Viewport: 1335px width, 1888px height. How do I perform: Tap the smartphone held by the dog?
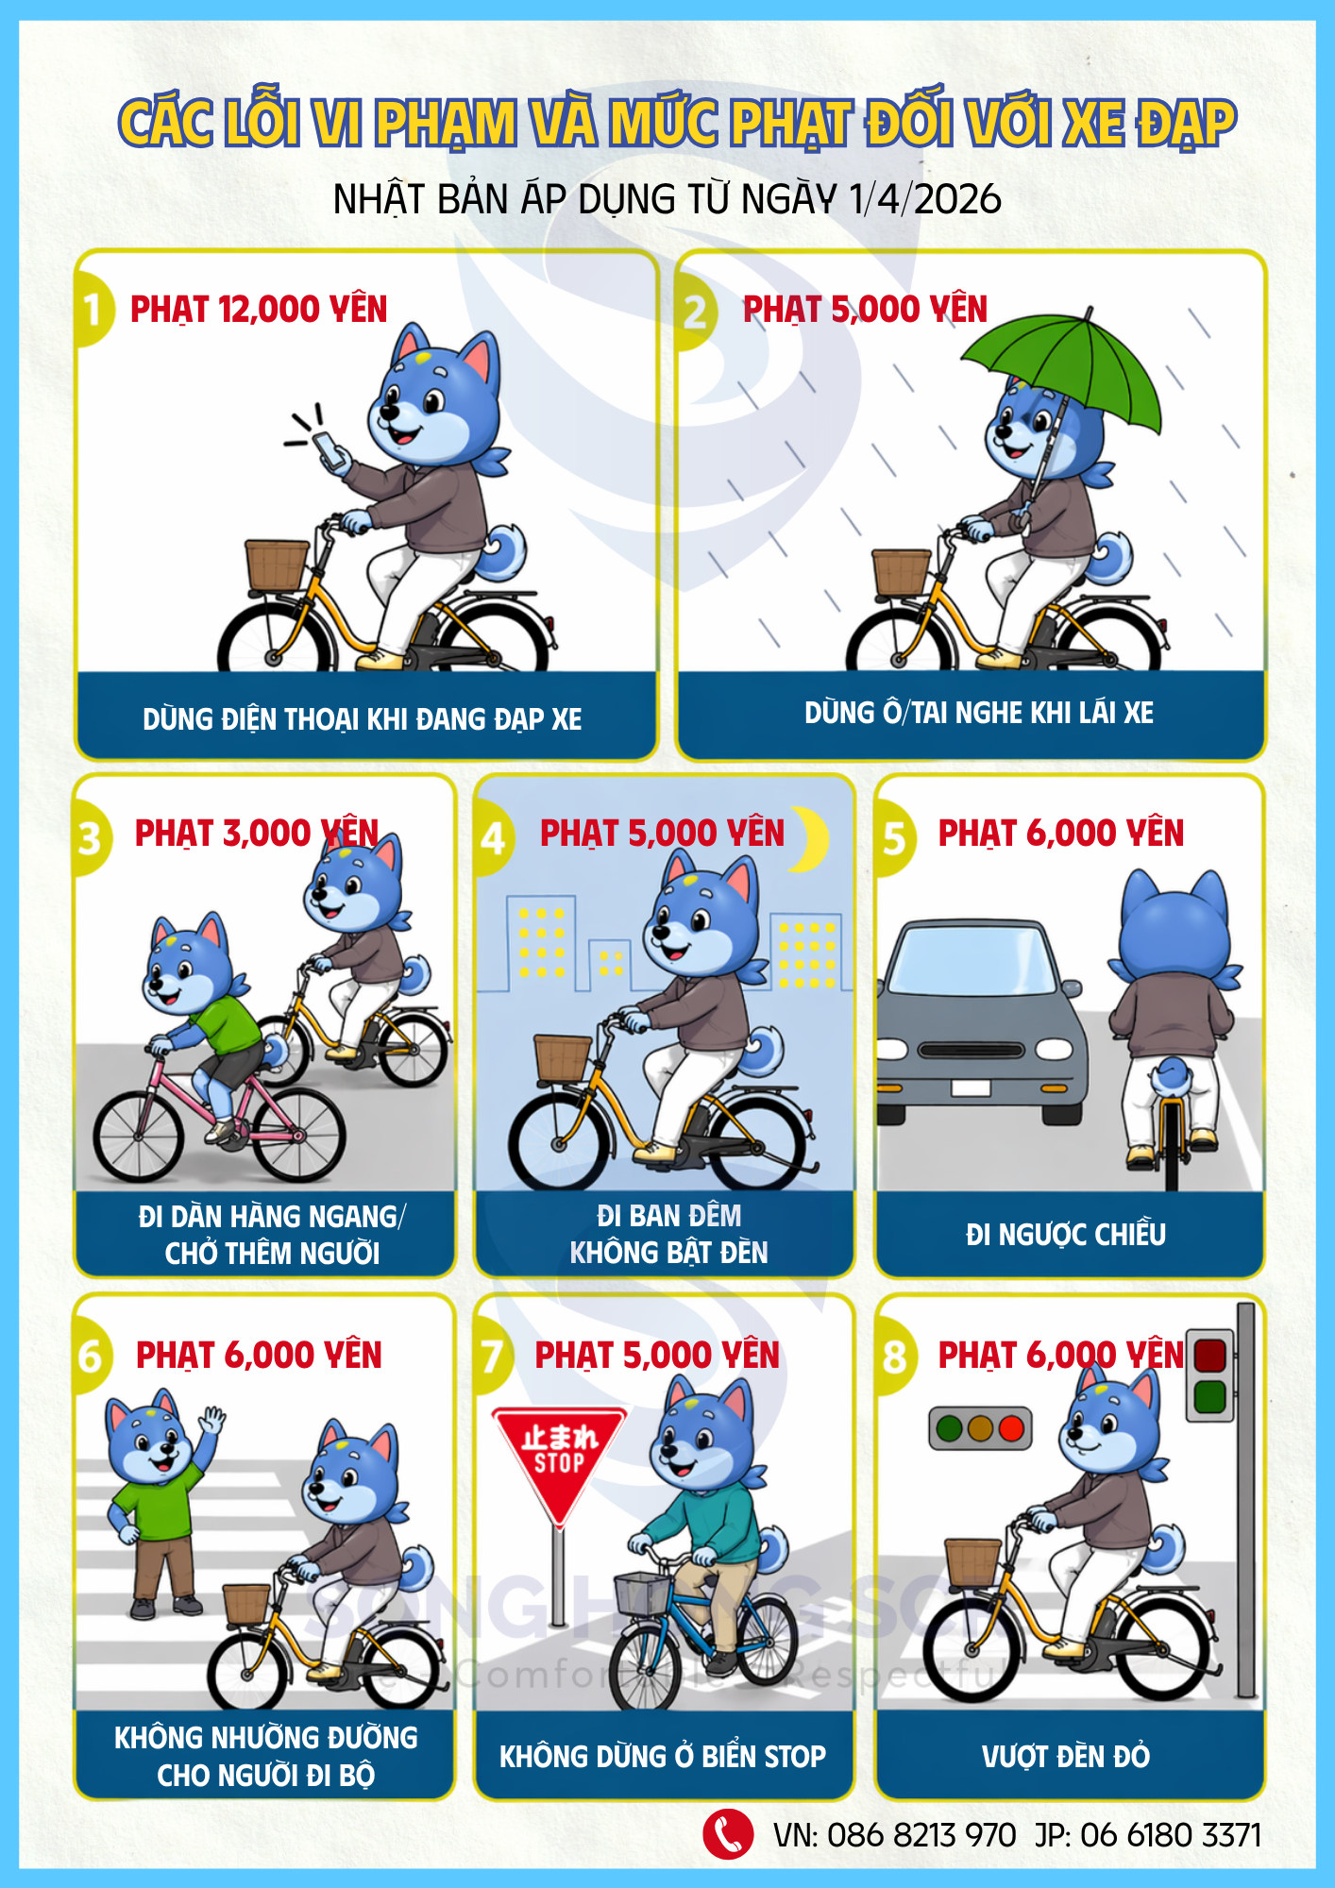pos(330,452)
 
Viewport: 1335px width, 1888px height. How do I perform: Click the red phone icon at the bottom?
pos(728,1834)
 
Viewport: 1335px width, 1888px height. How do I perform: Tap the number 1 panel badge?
pos(93,309)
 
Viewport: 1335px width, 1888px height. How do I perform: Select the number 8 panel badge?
pos(894,1357)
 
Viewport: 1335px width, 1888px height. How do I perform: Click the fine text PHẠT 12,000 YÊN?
pos(259,310)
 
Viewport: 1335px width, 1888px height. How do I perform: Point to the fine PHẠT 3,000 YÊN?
pos(257,834)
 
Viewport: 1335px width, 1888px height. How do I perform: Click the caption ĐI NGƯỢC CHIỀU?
pos(1066,1234)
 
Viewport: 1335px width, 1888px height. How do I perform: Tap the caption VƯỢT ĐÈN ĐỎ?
pos(1066,1756)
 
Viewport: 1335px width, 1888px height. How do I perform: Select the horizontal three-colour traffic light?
pos(981,1428)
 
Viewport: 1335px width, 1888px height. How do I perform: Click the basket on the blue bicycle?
pos(643,1593)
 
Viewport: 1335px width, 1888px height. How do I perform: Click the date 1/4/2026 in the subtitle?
pos(925,199)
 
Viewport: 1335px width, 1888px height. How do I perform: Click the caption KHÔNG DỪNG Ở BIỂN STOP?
pos(663,1756)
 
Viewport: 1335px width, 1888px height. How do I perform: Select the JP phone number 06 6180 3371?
pos(1171,1835)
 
